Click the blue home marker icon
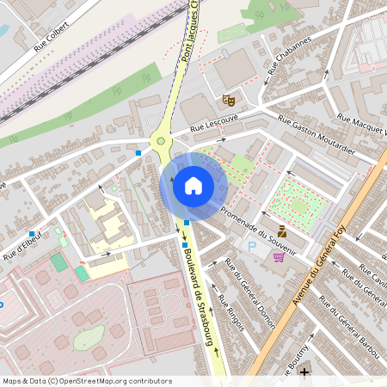193,185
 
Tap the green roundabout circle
161,141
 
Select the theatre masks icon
229,101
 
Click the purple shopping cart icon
279,256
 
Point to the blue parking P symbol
252,247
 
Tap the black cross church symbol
304,372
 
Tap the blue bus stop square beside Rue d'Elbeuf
32,234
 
